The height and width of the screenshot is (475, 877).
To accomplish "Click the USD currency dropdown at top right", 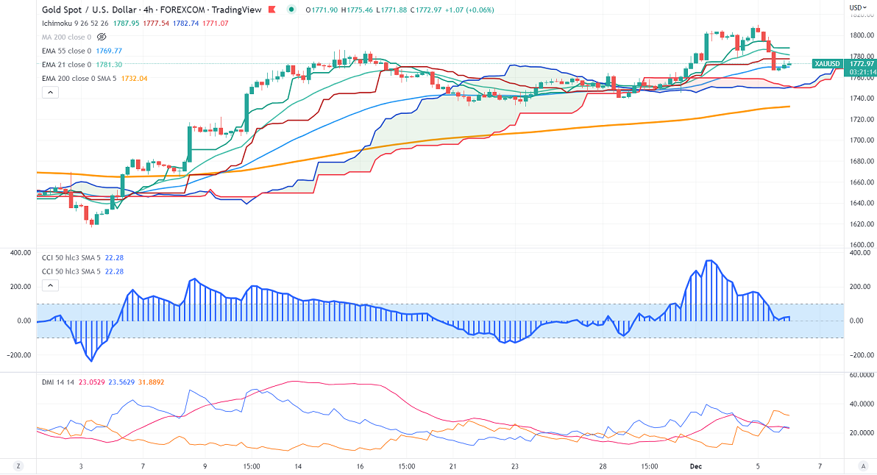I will coord(857,8).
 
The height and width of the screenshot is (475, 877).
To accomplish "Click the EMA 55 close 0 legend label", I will coord(66,51).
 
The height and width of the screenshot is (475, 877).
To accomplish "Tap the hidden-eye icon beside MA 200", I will coord(102,36).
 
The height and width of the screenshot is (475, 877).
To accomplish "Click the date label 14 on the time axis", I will coord(298,466).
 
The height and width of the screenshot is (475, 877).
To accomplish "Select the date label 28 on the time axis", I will coord(603,466).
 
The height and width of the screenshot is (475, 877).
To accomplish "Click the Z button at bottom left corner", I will coord(18,466).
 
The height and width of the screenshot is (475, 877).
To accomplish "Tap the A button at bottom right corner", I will coord(862,466).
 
